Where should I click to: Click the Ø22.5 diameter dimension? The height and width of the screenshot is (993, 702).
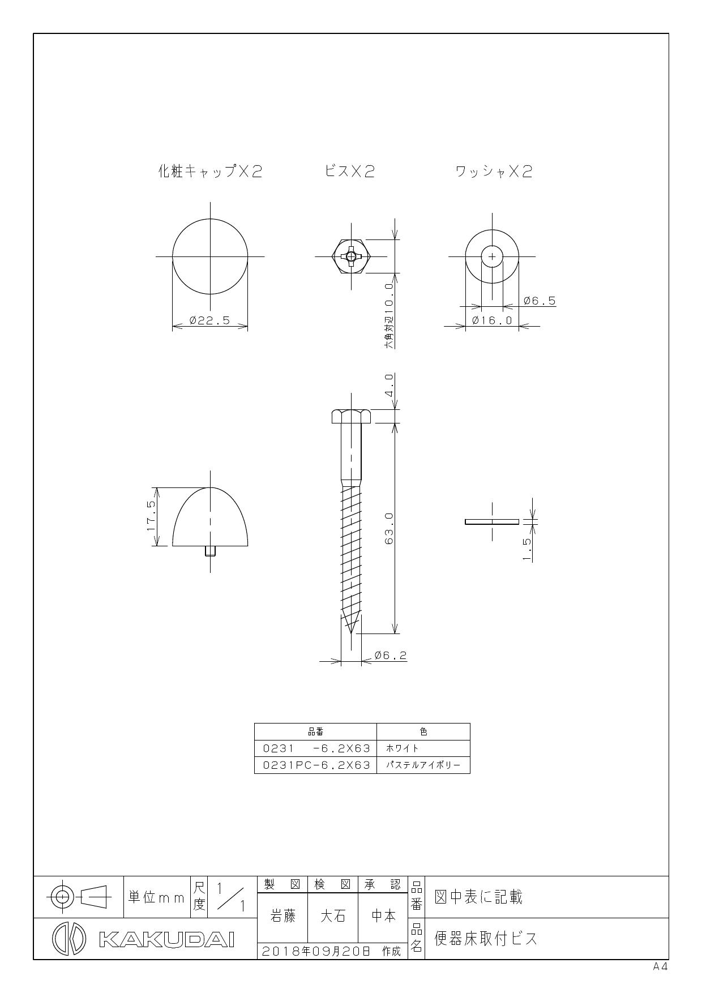210,320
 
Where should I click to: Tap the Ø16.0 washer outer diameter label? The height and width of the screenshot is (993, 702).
492,320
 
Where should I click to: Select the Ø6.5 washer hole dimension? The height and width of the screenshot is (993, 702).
539,301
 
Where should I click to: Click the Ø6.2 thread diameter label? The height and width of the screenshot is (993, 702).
391,656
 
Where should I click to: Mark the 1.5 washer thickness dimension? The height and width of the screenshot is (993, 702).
527,549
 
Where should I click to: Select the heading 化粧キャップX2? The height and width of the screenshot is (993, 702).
210,172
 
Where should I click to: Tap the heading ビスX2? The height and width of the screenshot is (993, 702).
349,172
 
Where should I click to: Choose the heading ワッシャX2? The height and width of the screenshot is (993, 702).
494,172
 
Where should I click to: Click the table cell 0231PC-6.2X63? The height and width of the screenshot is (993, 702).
316,765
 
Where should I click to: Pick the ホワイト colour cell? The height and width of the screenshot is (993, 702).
403,748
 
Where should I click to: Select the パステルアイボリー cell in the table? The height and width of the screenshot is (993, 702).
423,765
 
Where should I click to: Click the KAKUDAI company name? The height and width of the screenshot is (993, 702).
166,939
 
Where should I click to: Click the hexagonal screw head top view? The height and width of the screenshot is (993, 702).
352,256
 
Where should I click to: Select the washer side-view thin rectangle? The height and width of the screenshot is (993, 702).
492,521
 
